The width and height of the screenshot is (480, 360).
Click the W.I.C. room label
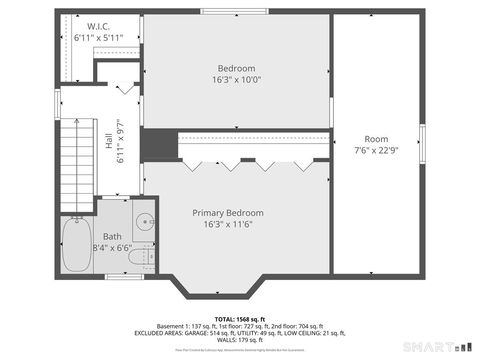[x=98, y=26]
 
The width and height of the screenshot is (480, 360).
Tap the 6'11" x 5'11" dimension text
[x=98, y=38]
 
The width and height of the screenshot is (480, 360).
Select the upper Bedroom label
[x=237, y=68]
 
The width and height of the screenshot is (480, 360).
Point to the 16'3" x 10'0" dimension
[x=237, y=80]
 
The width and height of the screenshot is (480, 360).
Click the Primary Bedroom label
[x=228, y=213]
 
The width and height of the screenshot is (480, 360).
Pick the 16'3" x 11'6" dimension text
[x=228, y=225]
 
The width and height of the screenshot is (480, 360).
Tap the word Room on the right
[x=376, y=139]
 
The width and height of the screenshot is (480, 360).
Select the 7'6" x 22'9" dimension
[x=376, y=151]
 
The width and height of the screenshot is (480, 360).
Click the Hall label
[x=109, y=142]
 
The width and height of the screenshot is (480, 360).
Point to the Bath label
[x=112, y=236]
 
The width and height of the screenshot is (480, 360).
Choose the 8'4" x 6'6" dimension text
[x=112, y=247]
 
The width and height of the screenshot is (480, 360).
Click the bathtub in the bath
[x=76, y=245]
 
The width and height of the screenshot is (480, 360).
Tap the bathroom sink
[x=145, y=223]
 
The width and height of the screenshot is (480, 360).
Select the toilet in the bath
[x=146, y=256]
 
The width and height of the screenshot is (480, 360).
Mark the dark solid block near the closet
[x=156, y=145]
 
